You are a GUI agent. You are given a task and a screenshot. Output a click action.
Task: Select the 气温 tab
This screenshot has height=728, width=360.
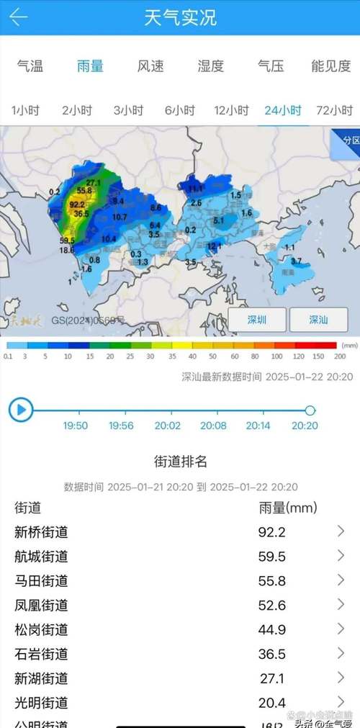pyautogui.click(x=30, y=66)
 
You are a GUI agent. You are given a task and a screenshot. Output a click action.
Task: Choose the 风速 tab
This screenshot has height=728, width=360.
pyautogui.click(x=150, y=66)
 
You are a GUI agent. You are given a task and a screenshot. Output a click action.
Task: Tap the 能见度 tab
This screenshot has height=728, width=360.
pyautogui.click(x=332, y=66)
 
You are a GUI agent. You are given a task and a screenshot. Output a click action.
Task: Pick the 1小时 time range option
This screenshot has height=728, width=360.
pyautogui.click(x=25, y=111)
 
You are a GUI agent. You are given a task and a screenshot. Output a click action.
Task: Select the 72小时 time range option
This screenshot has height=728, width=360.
pyautogui.click(x=335, y=111)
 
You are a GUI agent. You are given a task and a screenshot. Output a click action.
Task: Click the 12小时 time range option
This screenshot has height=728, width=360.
pyautogui.click(x=230, y=111)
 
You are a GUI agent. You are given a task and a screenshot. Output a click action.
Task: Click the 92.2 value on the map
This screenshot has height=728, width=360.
pyautogui.click(x=77, y=205)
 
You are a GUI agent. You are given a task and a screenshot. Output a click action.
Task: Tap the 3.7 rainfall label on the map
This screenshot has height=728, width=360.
pyautogui.click(x=296, y=261)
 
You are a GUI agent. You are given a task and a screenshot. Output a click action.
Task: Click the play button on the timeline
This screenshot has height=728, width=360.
pyautogui.click(x=21, y=410)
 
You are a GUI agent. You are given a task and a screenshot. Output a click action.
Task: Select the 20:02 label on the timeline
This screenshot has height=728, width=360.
pyautogui.click(x=167, y=426)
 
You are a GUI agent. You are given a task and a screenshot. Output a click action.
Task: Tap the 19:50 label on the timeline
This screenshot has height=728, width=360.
pyautogui.click(x=75, y=426)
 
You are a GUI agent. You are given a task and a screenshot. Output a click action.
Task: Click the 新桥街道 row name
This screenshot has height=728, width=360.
pyautogui.click(x=41, y=532)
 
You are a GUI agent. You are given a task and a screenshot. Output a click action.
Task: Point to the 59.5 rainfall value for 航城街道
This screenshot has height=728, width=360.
pyautogui.click(x=272, y=557)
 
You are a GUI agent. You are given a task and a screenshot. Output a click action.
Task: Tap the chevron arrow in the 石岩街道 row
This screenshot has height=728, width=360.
pyautogui.click(x=341, y=653)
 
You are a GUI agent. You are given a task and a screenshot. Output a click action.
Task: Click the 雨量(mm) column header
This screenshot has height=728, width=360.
pyautogui.click(x=287, y=508)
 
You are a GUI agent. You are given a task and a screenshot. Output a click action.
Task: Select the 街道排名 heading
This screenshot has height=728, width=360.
pyautogui.click(x=181, y=462)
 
